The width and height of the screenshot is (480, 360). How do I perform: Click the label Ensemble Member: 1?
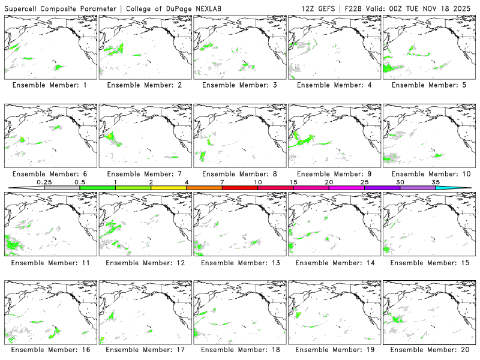(49, 85)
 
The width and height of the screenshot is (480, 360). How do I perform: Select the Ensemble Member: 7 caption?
(144, 174)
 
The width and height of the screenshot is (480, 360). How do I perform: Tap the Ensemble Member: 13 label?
(239, 262)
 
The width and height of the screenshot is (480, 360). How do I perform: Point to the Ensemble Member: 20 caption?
(428, 350)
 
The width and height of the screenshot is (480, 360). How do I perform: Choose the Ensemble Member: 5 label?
(428, 85)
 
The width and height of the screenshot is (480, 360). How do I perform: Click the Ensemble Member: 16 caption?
(49, 350)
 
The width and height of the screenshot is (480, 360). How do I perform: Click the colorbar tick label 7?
(222, 182)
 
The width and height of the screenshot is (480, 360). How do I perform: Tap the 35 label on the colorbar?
(436, 182)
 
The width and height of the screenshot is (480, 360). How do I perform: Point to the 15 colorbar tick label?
(293, 182)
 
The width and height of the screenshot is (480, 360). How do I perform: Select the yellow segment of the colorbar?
(169, 188)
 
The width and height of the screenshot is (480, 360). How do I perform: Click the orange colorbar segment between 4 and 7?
(204, 188)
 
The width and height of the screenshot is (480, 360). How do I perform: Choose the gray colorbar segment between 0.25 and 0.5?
(62, 188)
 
